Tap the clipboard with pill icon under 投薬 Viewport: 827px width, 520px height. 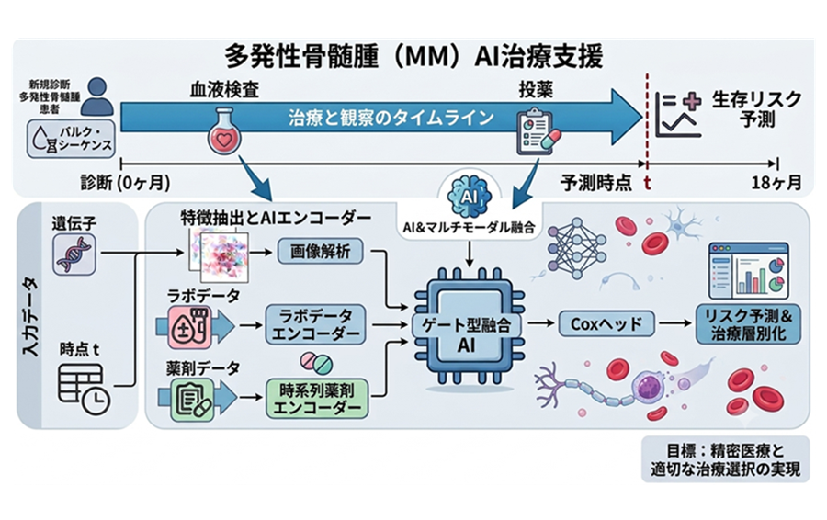[x=538, y=132]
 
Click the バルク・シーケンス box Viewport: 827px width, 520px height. [x=71, y=138]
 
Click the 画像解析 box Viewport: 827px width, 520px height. [x=321, y=252]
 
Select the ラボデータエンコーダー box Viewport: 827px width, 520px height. [x=315, y=324]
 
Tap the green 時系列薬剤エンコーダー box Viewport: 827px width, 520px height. [x=317, y=399]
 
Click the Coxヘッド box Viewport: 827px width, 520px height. [x=606, y=323]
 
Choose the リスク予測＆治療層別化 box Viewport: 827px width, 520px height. [x=748, y=324]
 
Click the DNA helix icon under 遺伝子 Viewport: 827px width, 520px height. [x=74, y=254]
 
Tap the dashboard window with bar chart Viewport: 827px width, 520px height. [x=748, y=271]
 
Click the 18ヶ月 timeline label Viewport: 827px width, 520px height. [x=776, y=183]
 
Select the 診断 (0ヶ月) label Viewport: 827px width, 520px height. [x=126, y=183]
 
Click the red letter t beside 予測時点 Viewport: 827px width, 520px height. [x=647, y=183]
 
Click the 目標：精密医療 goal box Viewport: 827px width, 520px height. [x=725, y=459]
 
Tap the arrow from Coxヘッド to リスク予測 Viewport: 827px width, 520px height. [x=675, y=323]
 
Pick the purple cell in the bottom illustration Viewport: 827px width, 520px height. [x=647, y=390]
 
